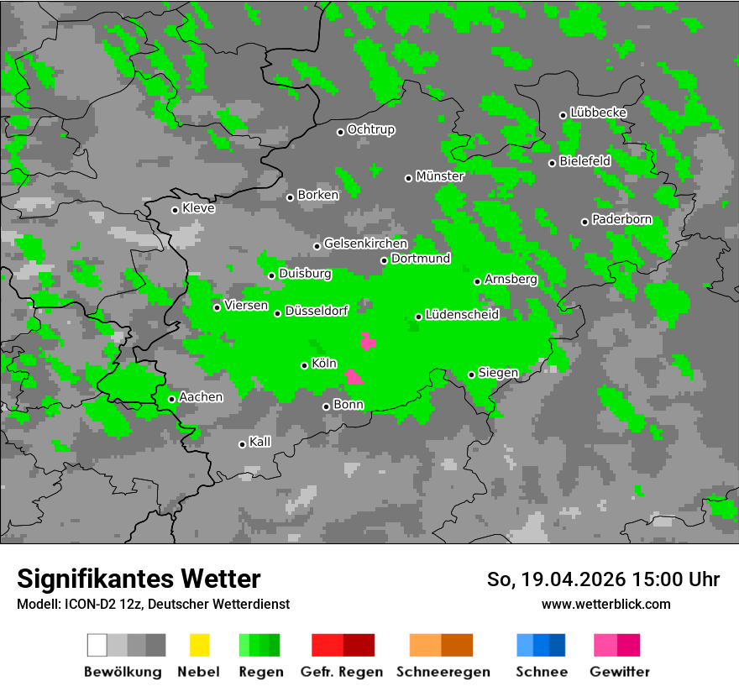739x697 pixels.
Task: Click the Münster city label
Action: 440,176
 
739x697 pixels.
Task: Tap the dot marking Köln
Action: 304,365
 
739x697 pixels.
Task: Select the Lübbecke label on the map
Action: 598,113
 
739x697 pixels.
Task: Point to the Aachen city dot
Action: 171,399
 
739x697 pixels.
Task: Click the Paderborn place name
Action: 621,220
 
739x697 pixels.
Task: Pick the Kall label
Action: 260,442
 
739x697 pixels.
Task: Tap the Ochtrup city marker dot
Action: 340,132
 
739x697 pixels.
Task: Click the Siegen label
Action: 498,373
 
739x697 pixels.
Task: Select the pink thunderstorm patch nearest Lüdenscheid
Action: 367,341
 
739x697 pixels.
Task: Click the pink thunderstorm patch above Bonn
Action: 354,377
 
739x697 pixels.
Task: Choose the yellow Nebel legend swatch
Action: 199,645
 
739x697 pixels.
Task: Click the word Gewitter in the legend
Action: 620,672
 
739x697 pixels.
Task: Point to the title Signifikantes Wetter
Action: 139,579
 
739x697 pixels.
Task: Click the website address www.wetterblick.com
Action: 606,604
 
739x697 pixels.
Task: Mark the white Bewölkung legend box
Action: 97,645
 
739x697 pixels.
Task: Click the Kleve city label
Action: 198,208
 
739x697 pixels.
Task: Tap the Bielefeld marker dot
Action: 552,163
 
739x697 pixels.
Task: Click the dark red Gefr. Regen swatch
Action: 359,645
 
